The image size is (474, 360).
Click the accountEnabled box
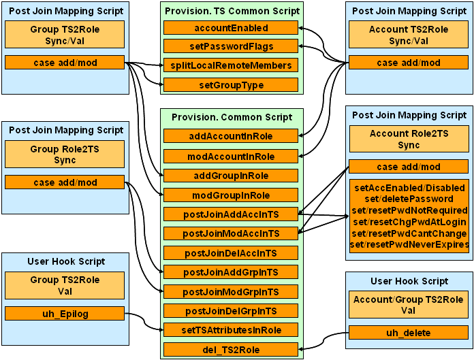coord(231,28)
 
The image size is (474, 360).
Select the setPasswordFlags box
coord(231,46)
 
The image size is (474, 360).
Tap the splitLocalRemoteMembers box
coord(231,65)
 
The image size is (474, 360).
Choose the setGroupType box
coord(231,85)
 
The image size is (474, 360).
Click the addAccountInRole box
coord(231,136)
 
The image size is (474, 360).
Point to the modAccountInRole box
coord(231,156)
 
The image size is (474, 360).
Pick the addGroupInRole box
coord(231,176)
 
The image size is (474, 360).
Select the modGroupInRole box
coord(231,195)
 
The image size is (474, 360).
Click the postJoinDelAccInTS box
coord(231,253)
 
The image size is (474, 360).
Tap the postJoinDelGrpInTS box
coord(231,311)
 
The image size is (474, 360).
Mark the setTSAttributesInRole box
coord(231,330)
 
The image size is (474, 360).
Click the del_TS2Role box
coord(231,350)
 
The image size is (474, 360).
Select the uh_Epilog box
coord(65,314)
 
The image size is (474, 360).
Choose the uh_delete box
coord(408,333)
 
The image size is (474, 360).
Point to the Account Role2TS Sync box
coord(408,139)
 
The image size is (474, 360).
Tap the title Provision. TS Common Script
coord(231,11)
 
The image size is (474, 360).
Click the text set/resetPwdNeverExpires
coord(408,244)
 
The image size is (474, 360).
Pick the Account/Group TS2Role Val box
coord(408,305)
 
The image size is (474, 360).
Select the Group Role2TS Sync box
coord(65,154)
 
